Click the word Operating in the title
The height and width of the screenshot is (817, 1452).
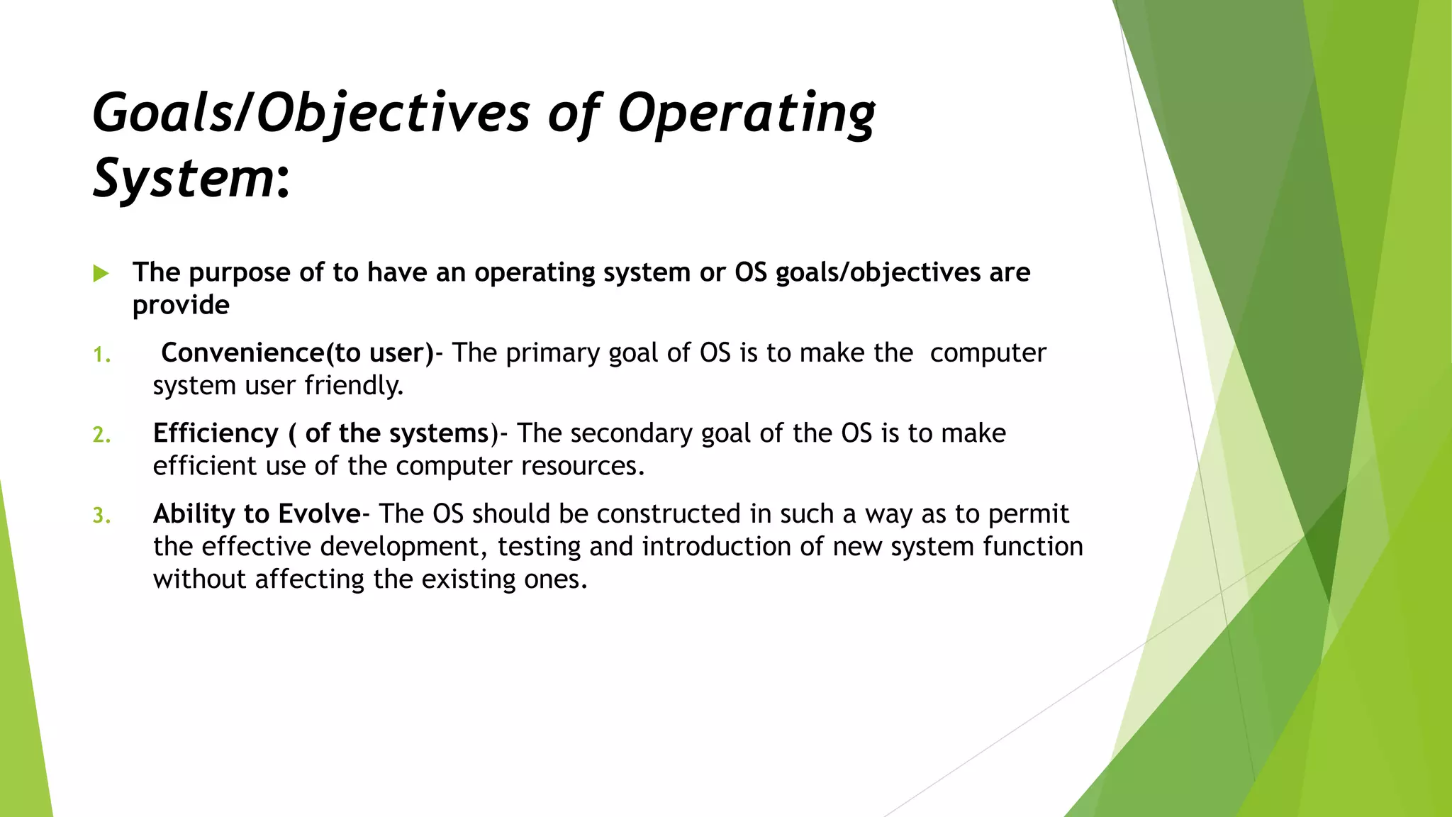coord(746,113)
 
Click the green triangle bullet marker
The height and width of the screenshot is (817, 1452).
coord(101,274)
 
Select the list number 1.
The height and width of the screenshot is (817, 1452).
coord(101,355)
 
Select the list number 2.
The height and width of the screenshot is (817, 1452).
coord(101,435)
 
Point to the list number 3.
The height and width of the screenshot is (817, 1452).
coord(101,516)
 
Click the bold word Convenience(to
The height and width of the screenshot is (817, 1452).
coord(263,353)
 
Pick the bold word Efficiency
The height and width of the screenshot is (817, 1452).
coord(216,433)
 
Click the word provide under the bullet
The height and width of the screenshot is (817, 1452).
coord(181,306)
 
